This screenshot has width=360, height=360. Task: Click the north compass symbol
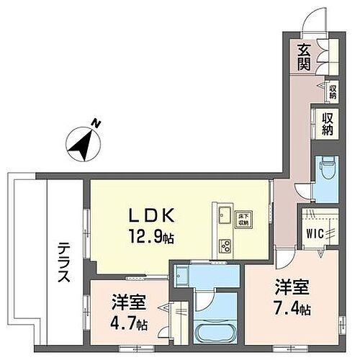coord(84,143)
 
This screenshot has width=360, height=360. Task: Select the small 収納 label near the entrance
coord(332,91)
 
